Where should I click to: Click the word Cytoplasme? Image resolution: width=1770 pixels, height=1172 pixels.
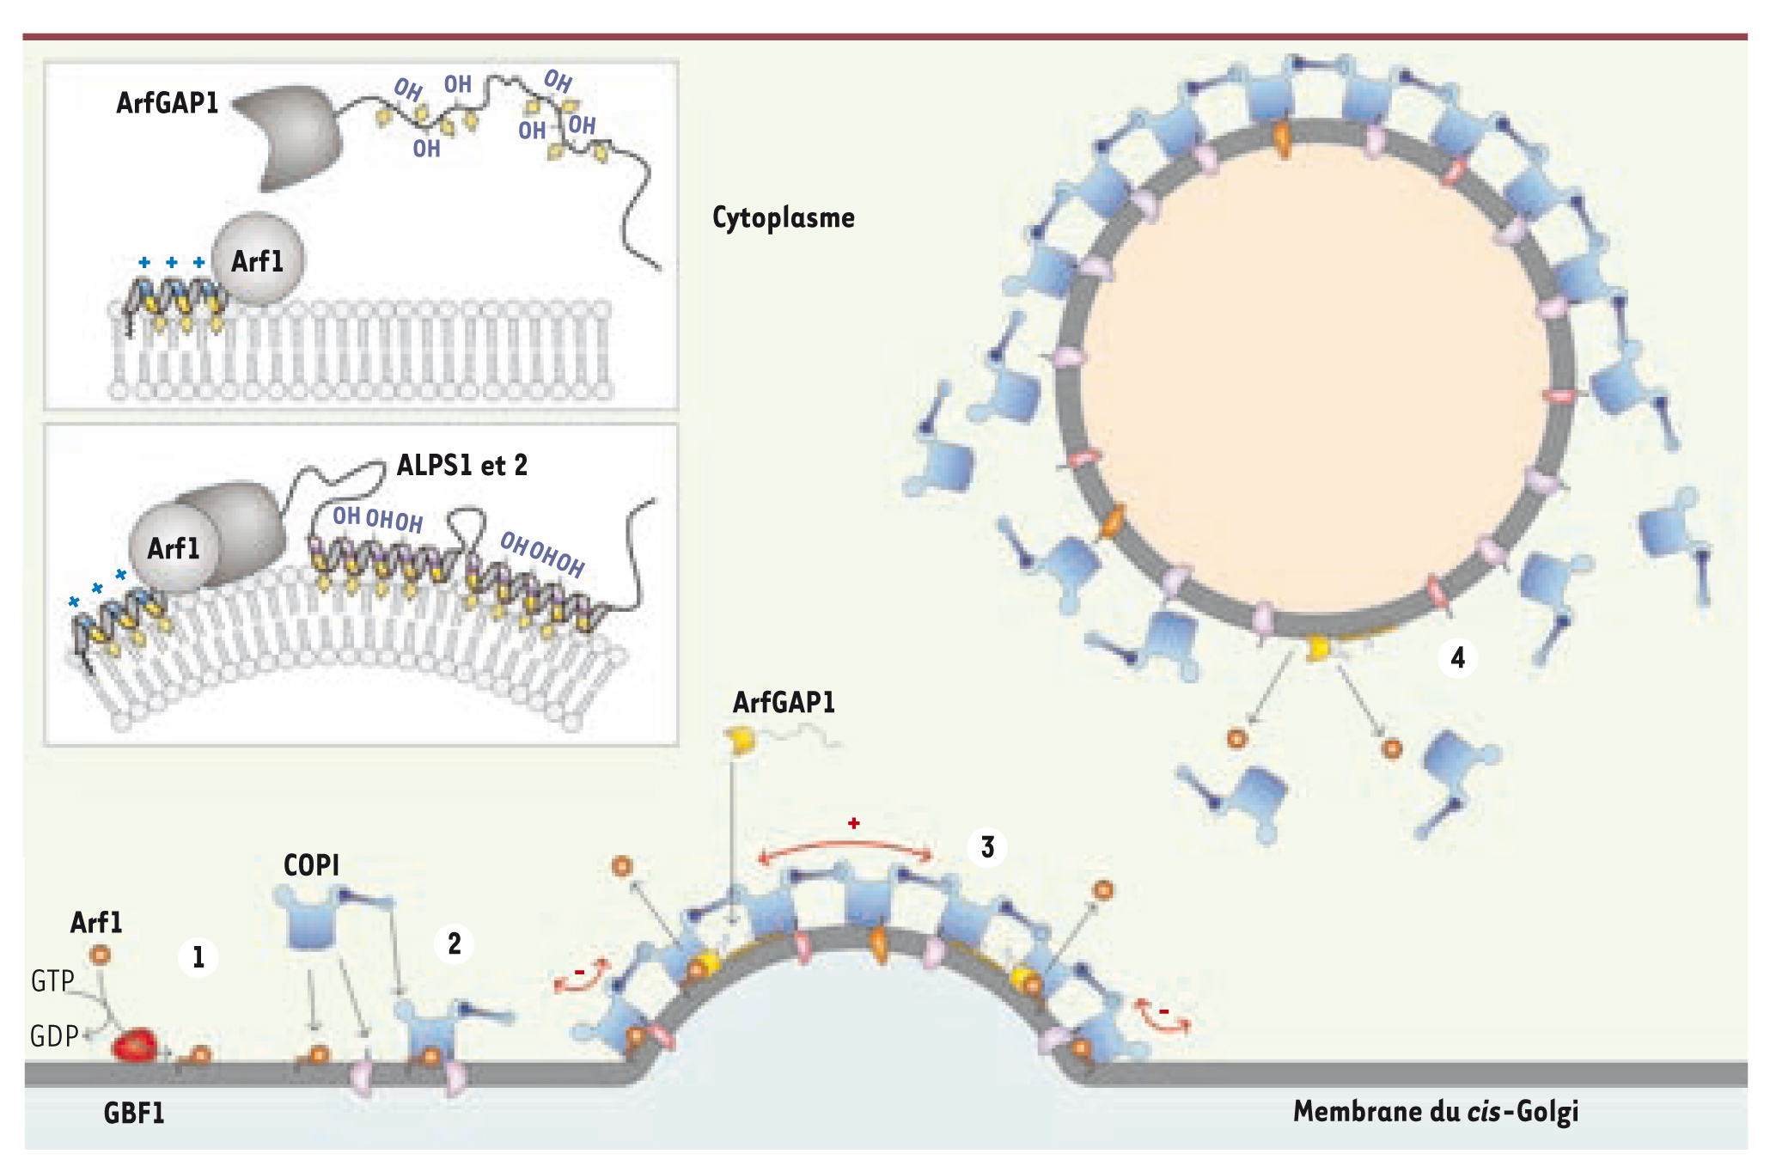pos(783,218)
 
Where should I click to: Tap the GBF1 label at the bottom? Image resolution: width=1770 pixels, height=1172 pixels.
pos(133,1114)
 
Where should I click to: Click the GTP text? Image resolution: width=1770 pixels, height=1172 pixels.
pos(52,981)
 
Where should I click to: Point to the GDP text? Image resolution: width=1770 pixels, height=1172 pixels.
pos(53,1036)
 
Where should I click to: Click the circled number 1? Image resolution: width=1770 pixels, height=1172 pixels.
pos(198,957)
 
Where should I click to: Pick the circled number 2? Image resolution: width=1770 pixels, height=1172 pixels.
pos(454,944)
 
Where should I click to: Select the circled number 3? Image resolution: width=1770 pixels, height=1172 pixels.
pos(987,847)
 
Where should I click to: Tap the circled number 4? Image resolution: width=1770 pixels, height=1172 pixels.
pos(1457,658)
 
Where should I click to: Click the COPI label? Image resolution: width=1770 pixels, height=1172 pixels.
pos(311,865)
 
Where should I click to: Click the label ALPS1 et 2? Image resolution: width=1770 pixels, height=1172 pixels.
pos(461,466)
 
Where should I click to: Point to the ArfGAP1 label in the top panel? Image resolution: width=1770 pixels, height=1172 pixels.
pos(167,103)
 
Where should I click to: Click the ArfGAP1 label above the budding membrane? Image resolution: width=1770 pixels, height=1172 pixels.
pos(783,703)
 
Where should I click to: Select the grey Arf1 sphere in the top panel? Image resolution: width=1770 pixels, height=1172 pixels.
pos(257,259)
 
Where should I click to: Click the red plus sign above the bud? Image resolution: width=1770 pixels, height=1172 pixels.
pos(853,823)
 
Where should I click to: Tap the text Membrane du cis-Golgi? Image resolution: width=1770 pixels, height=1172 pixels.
pos(1435,1112)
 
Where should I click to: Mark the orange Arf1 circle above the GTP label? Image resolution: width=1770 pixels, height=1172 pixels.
pos(101,955)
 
